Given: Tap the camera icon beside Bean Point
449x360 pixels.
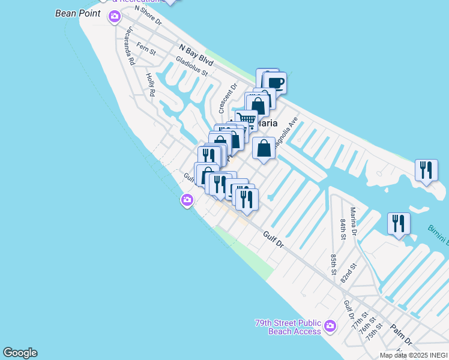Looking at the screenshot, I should pos(114,17).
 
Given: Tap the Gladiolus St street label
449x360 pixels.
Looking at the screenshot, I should pos(191,66).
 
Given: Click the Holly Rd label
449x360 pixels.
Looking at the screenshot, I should pos(151,85).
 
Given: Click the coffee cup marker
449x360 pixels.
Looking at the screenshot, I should pos(275,83).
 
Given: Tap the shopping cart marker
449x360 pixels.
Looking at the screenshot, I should pos(246,120).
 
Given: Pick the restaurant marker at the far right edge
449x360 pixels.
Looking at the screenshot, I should pos(426,170).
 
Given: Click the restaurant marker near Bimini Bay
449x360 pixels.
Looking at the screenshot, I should pos(399,223).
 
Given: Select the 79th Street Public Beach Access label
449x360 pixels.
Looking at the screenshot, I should pos(288,326).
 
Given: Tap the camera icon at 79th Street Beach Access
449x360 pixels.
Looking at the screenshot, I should pos(330,327).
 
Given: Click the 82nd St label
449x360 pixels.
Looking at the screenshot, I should pos(349,273).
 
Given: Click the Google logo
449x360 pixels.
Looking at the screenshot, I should pos(20,353).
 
